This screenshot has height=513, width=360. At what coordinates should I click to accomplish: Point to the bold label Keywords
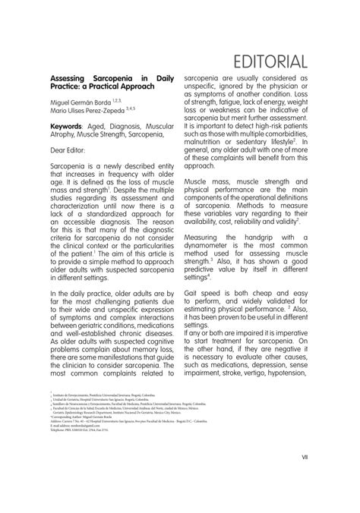pyautogui.click(x=67, y=126)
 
